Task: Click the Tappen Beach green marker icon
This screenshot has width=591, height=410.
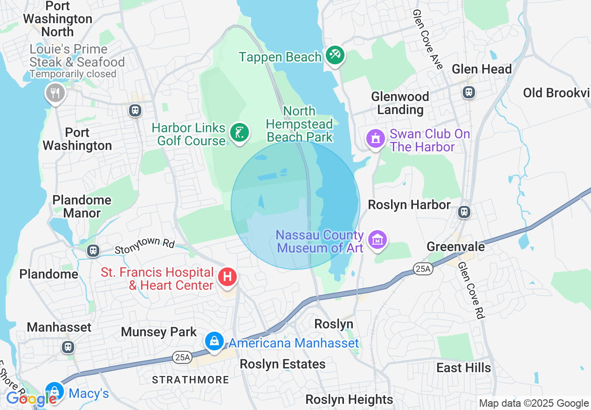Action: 334,55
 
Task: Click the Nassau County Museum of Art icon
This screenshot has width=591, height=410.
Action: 378,240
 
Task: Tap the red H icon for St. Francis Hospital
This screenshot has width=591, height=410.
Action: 227,277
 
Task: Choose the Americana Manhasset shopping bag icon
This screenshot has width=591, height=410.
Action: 214,342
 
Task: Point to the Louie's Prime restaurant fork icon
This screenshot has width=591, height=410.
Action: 55,93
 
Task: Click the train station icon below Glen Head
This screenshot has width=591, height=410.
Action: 468,92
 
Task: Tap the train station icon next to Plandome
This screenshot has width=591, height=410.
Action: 93,251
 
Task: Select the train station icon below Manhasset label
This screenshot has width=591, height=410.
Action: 68,347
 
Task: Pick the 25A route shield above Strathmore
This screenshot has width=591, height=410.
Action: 181,357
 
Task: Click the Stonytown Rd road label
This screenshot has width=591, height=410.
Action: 144,243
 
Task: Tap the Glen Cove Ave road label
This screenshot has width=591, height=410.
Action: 427,40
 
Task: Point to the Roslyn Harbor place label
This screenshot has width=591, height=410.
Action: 409,205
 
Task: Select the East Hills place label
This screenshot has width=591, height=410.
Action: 463,368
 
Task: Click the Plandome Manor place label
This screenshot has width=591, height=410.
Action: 82,206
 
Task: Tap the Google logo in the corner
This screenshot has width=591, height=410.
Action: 31,399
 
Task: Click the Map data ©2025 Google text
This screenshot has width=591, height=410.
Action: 534,403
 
